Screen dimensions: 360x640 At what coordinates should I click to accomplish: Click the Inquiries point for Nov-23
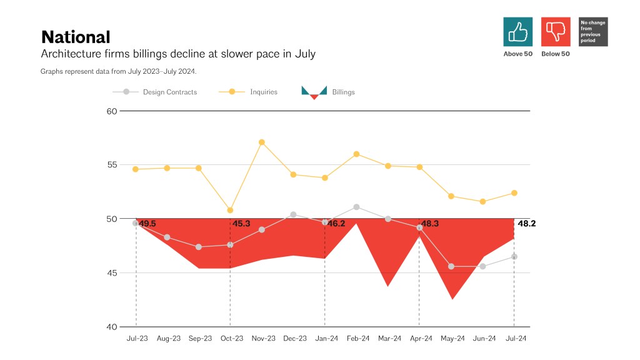pyautogui.click(x=262, y=142)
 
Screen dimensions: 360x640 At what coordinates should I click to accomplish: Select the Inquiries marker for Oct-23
pyautogui.click(x=230, y=210)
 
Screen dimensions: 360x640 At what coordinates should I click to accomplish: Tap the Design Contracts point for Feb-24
pyautogui.click(x=356, y=207)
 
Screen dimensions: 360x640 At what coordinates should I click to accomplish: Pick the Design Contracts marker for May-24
pyautogui.click(x=451, y=266)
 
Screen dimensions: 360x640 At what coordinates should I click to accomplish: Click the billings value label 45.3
pyautogui.click(x=241, y=223)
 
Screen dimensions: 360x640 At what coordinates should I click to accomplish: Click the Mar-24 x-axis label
pyautogui.click(x=389, y=339)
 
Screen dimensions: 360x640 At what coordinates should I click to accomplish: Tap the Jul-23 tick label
pyautogui.click(x=137, y=339)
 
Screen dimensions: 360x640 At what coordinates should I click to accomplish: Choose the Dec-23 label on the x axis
pyautogui.click(x=295, y=339)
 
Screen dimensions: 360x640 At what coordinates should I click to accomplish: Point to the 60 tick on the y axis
pyautogui.click(x=112, y=111)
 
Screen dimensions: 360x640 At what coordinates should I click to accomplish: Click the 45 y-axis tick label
pyautogui.click(x=112, y=273)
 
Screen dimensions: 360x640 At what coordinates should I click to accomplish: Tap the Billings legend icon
pyautogui.click(x=314, y=92)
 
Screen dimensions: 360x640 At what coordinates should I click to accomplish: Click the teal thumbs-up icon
pyautogui.click(x=518, y=31)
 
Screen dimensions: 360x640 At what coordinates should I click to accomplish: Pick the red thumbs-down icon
pyautogui.click(x=556, y=31)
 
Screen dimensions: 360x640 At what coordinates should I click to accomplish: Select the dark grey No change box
pyautogui.click(x=593, y=31)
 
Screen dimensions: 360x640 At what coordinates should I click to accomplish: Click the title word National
pyautogui.click(x=76, y=37)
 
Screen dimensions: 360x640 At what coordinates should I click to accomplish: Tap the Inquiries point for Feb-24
pyautogui.click(x=356, y=154)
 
